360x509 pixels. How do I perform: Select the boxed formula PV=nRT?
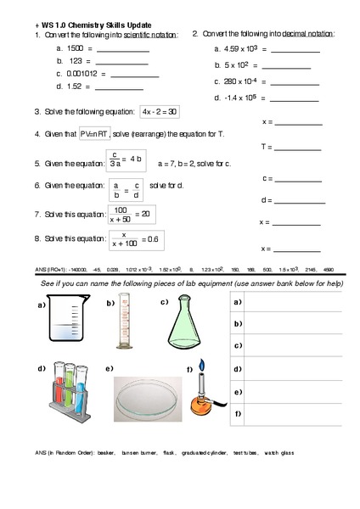[94, 134]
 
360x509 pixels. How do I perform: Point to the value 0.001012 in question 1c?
[87, 74]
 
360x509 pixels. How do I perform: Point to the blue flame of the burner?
[201, 367]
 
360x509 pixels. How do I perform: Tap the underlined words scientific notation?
[150, 35]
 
